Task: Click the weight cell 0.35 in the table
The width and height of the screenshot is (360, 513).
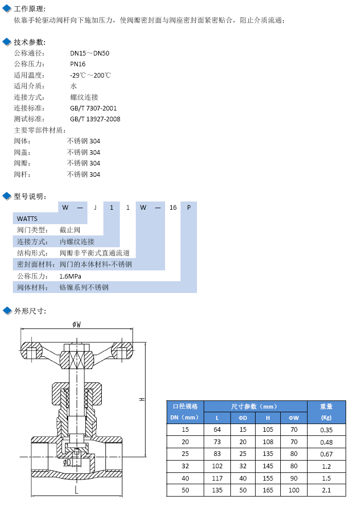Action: coord(326,430)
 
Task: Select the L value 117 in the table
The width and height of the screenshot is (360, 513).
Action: coord(217,479)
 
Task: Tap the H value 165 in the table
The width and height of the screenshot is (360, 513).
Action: coord(268,490)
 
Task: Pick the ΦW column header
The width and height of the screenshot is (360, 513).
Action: coord(294,418)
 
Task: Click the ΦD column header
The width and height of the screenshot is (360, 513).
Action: coord(243,418)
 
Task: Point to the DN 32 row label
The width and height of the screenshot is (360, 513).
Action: coord(185,466)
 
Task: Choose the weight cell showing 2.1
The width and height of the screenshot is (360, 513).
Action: coord(326,490)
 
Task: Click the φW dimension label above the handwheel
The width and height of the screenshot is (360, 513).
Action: coord(77,324)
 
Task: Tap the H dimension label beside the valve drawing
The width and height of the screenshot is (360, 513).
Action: coord(142,399)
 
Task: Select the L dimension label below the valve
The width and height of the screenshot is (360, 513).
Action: coord(77,490)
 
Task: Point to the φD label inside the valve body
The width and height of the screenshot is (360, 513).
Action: coord(67,462)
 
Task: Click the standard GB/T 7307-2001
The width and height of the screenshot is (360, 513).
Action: coord(93,108)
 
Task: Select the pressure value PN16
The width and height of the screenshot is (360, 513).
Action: coord(78,64)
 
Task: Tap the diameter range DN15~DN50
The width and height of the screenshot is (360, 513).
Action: coord(89,53)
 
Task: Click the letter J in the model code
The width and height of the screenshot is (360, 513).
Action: coord(95,208)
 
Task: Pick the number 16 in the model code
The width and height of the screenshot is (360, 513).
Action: coord(173,208)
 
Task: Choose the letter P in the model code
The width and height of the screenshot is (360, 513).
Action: coord(189,208)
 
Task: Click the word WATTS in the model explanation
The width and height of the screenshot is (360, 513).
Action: coord(27,218)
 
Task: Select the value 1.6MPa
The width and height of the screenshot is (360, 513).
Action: coord(70,276)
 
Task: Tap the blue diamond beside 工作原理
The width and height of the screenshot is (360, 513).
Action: coord(7,9)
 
